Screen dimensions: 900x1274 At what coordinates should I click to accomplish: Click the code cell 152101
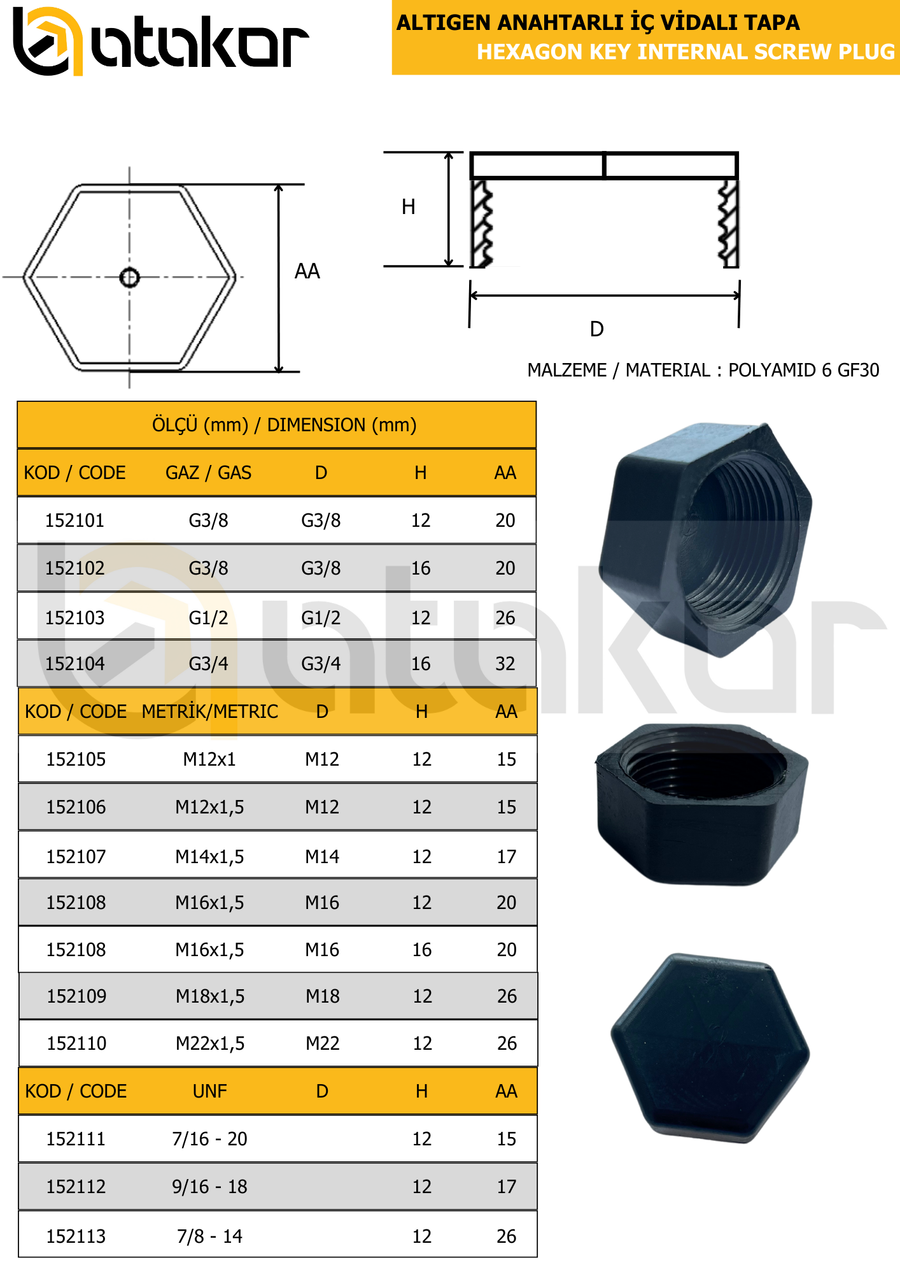tap(74, 520)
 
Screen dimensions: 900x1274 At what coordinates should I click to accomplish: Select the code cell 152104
tap(74, 664)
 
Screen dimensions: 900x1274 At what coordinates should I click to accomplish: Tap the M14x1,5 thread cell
tap(209, 857)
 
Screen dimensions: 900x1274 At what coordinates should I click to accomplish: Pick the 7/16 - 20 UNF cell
tap(209, 1139)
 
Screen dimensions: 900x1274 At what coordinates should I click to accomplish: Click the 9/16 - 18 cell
tap(209, 1187)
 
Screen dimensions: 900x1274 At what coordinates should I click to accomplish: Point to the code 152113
tap(76, 1236)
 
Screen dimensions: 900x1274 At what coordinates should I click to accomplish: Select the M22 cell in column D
tap(323, 1043)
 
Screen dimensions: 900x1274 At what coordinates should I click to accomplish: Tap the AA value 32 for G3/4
tap(505, 664)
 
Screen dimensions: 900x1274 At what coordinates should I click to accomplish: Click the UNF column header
tap(209, 1091)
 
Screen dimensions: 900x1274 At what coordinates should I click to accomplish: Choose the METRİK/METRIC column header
tap(209, 712)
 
